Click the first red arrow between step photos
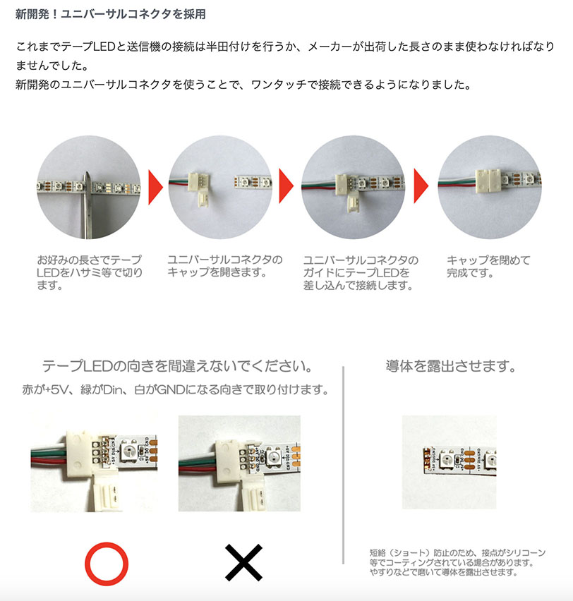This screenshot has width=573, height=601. (x=155, y=187)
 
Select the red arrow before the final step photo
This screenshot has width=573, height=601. (x=421, y=186)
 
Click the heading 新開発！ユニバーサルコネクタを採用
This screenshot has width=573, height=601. (x=111, y=14)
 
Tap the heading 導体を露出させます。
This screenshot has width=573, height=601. (x=451, y=366)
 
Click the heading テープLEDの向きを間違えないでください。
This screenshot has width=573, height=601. (x=178, y=366)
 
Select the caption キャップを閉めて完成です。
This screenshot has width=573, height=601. (x=488, y=267)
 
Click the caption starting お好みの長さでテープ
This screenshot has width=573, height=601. (x=90, y=272)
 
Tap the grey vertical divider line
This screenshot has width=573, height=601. (x=343, y=465)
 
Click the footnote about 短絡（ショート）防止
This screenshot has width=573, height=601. (x=457, y=562)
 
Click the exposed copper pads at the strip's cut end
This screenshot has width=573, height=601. (x=426, y=459)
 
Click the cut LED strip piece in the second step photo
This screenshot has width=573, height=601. (x=253, y=183)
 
